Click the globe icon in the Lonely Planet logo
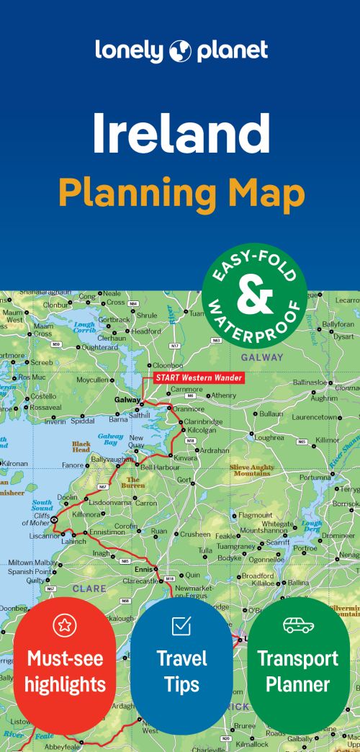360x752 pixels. click(180, 51)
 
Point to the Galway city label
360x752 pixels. click(127, 400)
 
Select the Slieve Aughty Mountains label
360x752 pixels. click(251, 470)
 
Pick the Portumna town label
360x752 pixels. click(315, 478)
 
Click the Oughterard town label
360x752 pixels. click(99, 347)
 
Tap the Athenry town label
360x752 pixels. click(222, 395)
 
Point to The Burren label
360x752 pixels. click(136, 481)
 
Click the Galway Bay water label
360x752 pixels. click(110, 439)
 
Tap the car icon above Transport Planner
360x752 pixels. click(298, 625)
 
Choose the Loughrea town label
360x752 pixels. click(269, 437)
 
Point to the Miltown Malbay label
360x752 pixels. click(32, 562)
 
